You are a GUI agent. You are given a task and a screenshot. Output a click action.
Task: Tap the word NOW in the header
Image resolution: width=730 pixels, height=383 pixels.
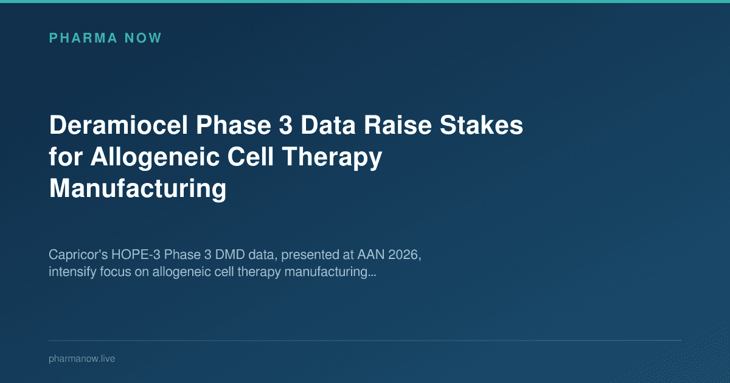click(x=143, y=38)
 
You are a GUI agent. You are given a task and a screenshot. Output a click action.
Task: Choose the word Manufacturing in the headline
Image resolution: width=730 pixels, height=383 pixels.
click(x=137, y=189)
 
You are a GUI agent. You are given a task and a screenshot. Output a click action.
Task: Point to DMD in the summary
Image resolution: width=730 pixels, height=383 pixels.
click(x=204, y=255)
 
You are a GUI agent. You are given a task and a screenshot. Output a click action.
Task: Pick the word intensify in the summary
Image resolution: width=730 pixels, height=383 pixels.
click(x=70, y=272)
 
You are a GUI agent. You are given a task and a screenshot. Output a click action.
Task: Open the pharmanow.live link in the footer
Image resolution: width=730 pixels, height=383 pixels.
click(x=82, y=359)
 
